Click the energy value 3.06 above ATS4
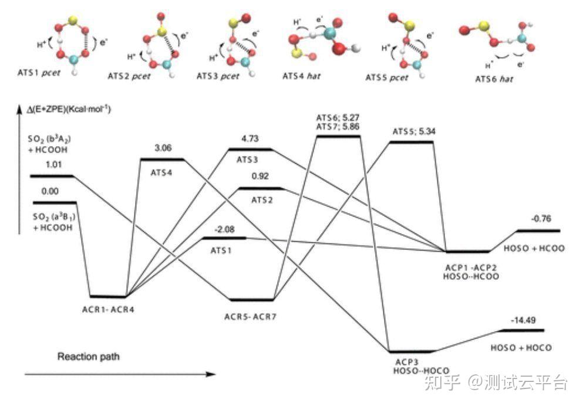tap(163, 148)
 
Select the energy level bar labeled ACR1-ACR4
tap(108, 296)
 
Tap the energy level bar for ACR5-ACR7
tap(252, 299)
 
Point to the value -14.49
tap(523, 320)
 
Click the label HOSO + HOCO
tap(521, 348)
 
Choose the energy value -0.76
tap(541, 218)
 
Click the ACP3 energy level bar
tap(411, 351)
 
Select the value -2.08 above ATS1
tap(225, 229)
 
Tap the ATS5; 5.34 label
tap(414, 131)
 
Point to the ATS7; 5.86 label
tap(338, 126)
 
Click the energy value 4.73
tap(250, 138)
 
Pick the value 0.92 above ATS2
tap(260, 176)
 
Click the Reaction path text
tap(89, 357)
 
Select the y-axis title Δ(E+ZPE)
tap(69, 110)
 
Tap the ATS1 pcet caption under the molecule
tap(39, 73)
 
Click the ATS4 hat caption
tap(301, 76)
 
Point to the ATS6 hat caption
tap(494, 79)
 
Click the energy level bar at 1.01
tap(52, 175)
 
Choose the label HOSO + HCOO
tap(534, 248)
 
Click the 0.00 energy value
tap(50, 191)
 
